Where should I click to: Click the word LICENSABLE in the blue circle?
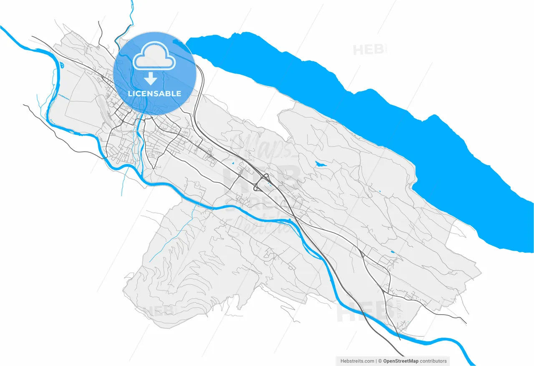click(154, 93)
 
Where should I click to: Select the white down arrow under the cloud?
click(151, 78)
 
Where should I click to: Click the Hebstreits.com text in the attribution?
click(357, 361)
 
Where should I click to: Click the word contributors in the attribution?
click(433, 361)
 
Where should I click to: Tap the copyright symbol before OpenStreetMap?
click(380, 361)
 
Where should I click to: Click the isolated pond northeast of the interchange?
click(320, 164)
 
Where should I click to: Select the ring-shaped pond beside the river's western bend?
click(62, 65)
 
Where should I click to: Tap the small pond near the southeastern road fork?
click(393, 252)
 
